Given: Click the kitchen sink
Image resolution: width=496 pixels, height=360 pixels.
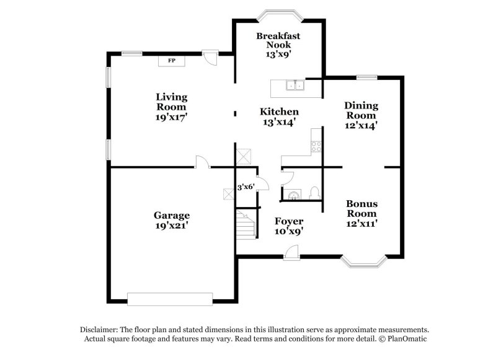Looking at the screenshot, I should [294, 86].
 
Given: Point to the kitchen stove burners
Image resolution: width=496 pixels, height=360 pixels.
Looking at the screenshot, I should [316, 147].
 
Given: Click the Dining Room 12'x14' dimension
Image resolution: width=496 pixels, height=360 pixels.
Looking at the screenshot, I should [361, 125].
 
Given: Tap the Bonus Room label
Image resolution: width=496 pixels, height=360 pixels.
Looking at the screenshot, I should [361, 209].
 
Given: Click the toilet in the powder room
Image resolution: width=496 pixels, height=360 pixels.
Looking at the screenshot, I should [314, 193].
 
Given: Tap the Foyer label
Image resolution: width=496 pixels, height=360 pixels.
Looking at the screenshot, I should [289, 221].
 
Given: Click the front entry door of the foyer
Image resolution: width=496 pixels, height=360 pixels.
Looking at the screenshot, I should [291, 253].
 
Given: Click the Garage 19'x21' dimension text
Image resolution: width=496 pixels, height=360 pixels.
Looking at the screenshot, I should [172, 226].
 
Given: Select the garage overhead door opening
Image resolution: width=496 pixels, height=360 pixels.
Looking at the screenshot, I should [167, 301].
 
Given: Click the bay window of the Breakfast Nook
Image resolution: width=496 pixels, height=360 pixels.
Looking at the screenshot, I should [278, 14].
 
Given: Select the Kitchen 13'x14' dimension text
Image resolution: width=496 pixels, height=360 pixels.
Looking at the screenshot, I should [279, 122].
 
